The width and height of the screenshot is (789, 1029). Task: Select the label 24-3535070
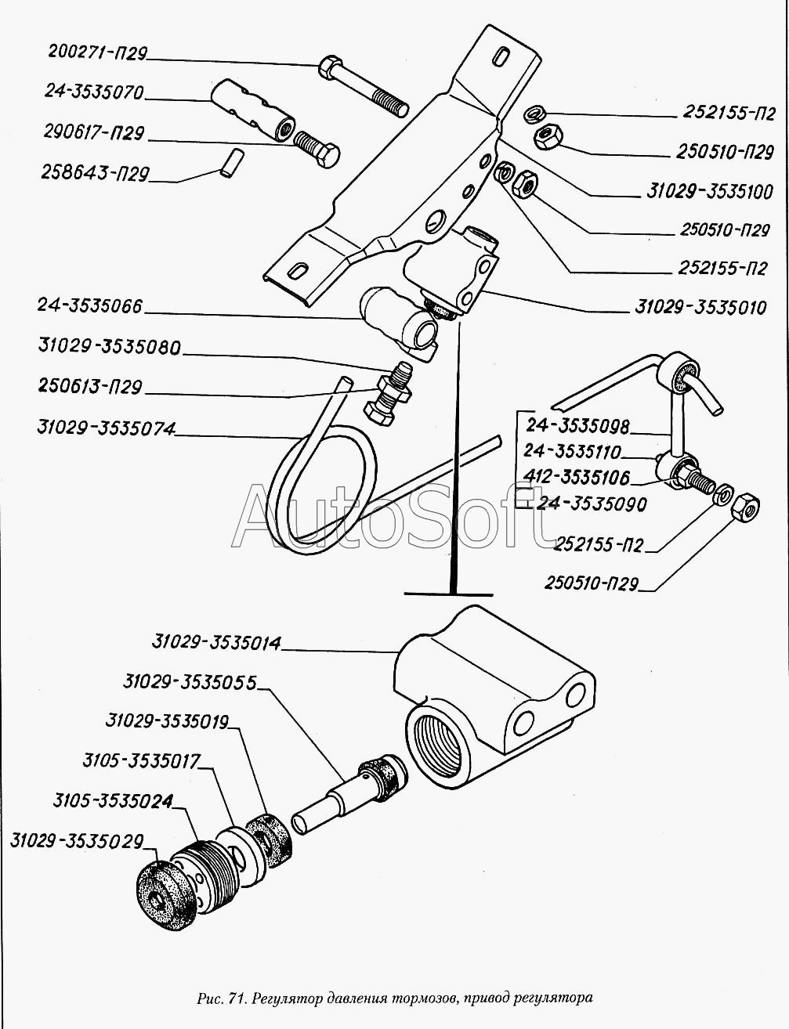(x=94, y=92)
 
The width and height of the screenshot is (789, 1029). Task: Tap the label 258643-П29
(x=95, y=173)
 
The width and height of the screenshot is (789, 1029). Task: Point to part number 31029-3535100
(x=710, y=192)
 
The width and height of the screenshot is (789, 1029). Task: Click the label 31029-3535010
(x=700, y=308)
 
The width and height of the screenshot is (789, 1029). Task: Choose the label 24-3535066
(x=90, y=306)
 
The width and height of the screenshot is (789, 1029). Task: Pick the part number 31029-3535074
(x=107, y=428)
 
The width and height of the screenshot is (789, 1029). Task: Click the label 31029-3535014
(x=216, y=643)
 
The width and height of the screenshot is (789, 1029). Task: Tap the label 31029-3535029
(x=78, y=842)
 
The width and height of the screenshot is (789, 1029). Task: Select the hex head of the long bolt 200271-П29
(x=329, y=66)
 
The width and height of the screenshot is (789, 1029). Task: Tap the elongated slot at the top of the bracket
(x=502, y=56)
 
